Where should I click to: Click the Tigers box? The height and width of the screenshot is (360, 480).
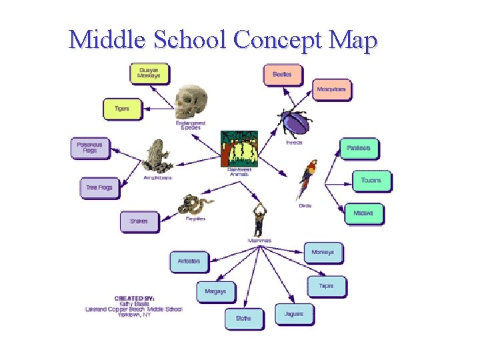(122, 109)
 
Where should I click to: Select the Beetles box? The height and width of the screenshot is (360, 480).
(282, 74)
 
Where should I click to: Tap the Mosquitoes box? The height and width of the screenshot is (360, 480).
(331, 89)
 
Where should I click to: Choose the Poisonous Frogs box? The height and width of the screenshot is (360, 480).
(89, 147)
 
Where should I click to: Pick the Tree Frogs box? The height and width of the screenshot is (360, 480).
(99, 188)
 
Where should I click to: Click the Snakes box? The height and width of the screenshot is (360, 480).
(139, 221)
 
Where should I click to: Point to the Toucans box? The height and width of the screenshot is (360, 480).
(371, 181)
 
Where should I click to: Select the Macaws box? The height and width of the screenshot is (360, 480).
(364, 213)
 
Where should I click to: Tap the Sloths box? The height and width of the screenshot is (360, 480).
(243, 319)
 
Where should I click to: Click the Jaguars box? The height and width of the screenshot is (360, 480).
(293, 314)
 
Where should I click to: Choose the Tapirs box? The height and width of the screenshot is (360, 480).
(326, 286)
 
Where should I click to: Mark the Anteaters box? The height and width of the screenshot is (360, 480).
(189, 261)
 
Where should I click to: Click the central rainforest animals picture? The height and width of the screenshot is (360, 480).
(239, 148)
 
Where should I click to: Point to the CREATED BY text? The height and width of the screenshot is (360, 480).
(135, 298)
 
